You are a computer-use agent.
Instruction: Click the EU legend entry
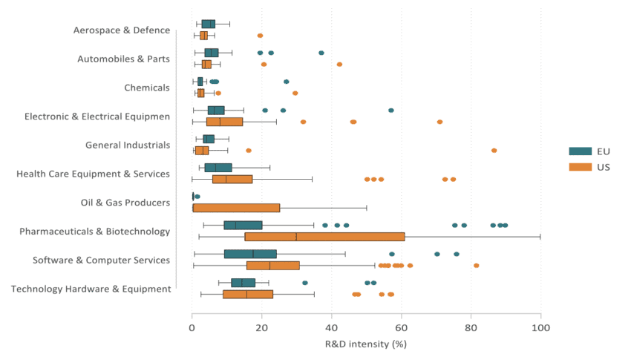[x=590, y=151]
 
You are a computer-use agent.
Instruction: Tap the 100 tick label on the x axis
[x=540, y=327]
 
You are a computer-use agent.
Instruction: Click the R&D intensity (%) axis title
[x=366, y=344]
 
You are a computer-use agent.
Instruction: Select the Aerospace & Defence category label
[x=121, y=30]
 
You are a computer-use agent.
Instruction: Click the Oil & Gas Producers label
[x=125, y=203]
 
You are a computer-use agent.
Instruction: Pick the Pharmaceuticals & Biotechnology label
[x=94, y=232]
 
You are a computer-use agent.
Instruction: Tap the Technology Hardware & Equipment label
[x=91, y=289]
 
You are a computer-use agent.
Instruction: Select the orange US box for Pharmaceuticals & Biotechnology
[x=324, y=237]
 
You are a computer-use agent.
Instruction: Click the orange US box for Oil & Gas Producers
[x=236, y=208]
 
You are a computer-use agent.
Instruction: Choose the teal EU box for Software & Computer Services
[x=250, y=254]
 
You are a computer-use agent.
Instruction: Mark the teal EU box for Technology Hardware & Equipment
[x=243, y=283]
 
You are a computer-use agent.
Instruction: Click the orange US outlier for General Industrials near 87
[x=494, y=150]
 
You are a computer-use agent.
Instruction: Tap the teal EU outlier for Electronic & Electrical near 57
[x=391, y=110]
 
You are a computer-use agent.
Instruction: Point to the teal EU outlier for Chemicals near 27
[x=287, y=82]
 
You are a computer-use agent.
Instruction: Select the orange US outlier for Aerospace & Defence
[x=260, y=36]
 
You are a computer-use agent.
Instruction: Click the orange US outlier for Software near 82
[x=477, y=265]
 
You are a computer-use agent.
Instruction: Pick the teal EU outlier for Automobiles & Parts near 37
[x=321, y=53]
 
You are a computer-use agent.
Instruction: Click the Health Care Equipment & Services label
[x=93, y=174]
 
